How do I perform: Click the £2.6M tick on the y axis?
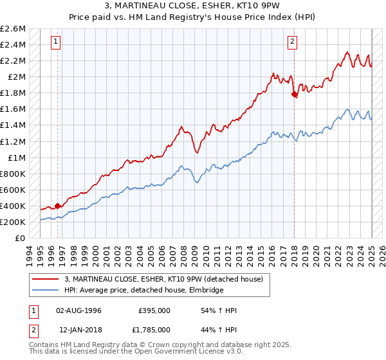[14, 29]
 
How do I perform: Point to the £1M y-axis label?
[18, 157]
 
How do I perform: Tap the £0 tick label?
[22, 238]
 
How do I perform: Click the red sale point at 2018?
[294, 94]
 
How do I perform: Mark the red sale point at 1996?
[58, 206]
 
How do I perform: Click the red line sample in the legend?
[46, 279]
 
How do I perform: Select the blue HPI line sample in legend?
[46, 290]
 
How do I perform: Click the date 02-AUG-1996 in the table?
[79, 310]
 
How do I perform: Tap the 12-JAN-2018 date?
[79, 329]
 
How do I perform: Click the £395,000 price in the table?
[155, 310]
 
